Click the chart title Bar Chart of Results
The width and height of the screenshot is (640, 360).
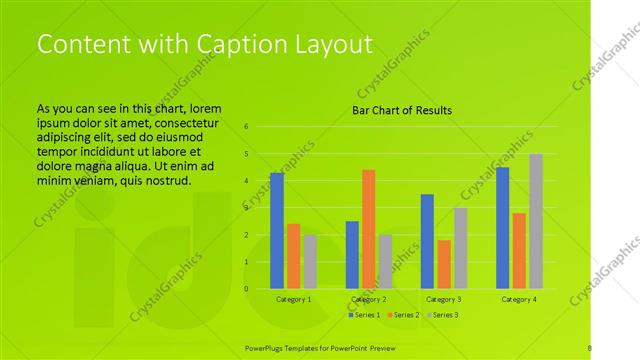[401, 110]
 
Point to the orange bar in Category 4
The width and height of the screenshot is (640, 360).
[520, 251]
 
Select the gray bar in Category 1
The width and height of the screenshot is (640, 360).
[310, 262]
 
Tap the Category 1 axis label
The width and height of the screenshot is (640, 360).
[293, 299]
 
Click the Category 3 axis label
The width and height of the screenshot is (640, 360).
[444, 299]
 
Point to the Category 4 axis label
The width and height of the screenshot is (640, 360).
[519, 299]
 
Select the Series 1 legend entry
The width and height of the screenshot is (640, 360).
[364, 315]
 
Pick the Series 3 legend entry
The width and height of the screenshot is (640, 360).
[442, 315]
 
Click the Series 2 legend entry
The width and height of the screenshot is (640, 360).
[403, 315]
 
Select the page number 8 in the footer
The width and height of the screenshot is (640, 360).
[589, 346]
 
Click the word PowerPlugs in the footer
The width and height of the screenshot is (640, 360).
[267, 346]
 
